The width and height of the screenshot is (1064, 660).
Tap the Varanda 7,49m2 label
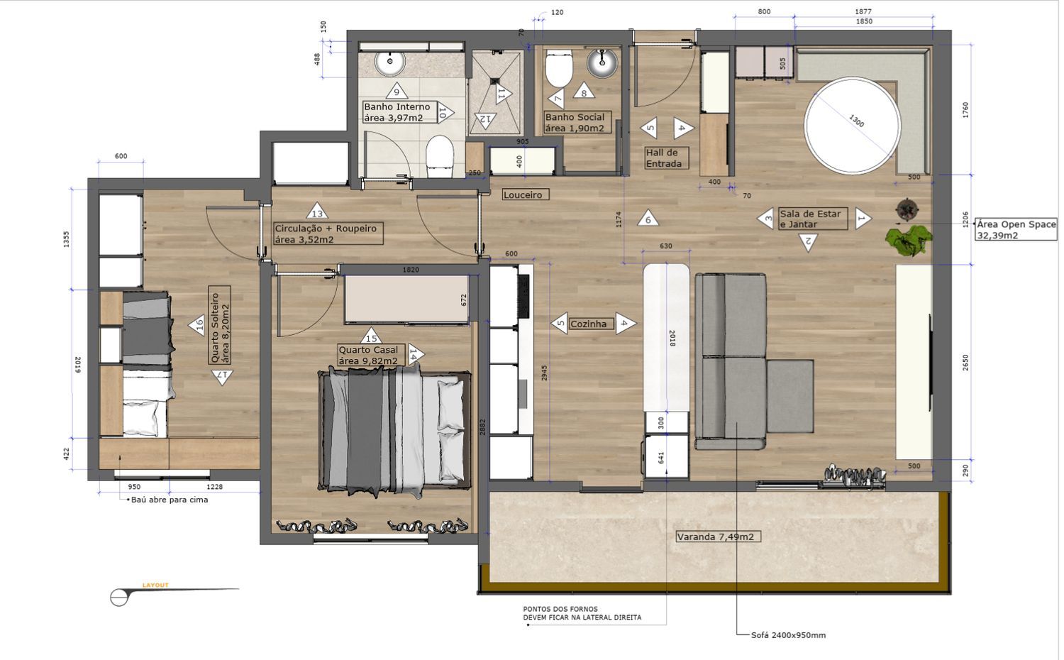point(718,537)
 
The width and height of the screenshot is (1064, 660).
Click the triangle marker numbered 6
point(648,218)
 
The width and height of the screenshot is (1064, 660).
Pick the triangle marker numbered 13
point(317,211)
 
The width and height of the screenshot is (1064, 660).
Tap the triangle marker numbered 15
point(372,336)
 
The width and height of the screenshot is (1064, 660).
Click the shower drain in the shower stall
point(494,82)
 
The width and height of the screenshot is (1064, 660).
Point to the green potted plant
point(908,240)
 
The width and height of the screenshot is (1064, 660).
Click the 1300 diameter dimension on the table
point(856,121)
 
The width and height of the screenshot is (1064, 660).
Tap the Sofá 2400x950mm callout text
point(789,635)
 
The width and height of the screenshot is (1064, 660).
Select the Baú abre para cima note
point(170,500)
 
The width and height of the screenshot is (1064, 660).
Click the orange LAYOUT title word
point(155,585)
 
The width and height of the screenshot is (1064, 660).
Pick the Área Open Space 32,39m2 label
point(1016,229)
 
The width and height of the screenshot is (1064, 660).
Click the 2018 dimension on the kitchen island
point(672,338)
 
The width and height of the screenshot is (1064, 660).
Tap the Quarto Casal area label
point(369,356)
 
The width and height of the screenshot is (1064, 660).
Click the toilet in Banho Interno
point(439,156)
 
